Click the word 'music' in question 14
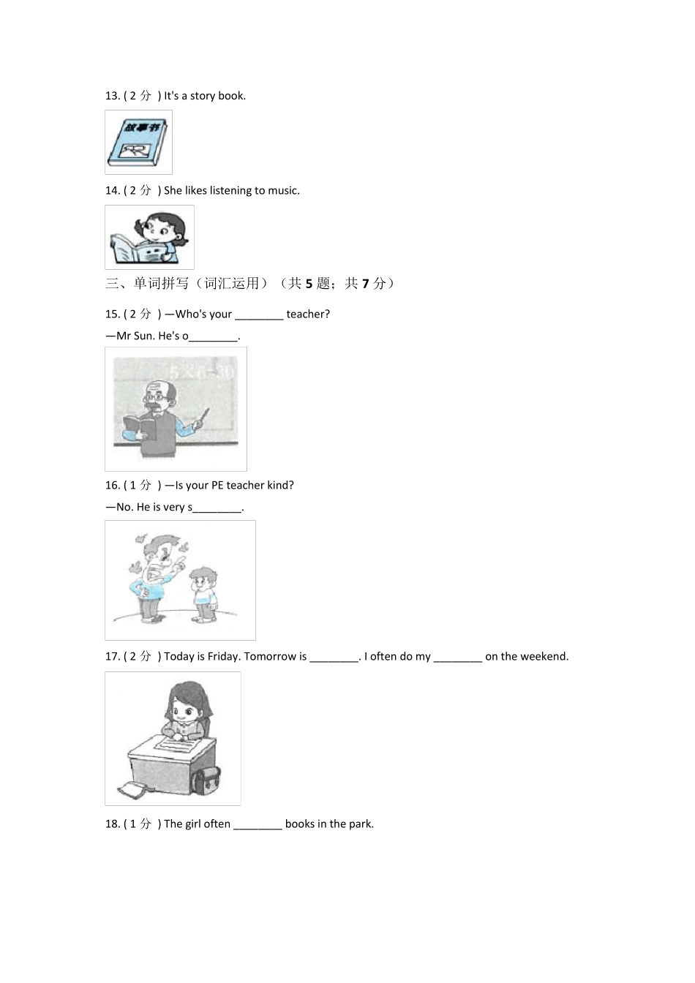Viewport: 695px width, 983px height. [282, 191]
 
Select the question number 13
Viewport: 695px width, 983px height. [112, 96]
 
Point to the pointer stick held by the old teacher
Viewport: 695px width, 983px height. [200, 420]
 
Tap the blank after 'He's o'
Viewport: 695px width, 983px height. [214, 336]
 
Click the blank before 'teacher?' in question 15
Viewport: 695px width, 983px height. [259, 315]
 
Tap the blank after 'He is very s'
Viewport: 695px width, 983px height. [217, 508]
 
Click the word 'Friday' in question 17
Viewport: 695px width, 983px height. [224, 657]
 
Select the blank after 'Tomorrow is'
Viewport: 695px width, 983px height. [334, 657]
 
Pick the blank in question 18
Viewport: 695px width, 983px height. [258, 824]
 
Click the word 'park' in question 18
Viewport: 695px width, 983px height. [360, 824]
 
